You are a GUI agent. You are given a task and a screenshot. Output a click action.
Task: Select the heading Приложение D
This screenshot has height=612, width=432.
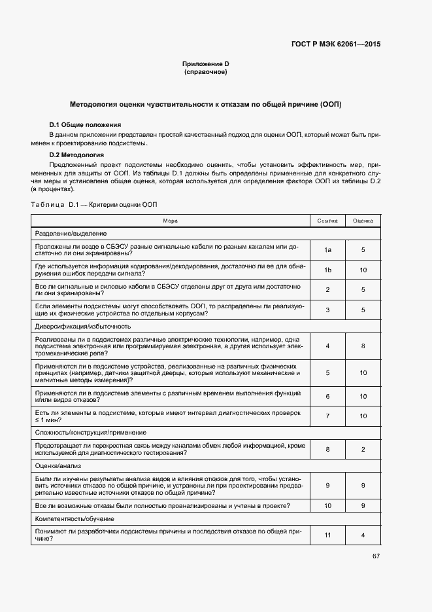click(205, 63)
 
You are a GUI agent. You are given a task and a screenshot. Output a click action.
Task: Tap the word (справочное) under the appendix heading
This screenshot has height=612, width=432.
click(205, 71)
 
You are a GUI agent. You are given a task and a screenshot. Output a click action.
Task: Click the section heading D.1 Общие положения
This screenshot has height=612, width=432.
click(85, 124)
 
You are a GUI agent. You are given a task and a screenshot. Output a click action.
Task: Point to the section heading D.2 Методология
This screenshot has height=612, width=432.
click(77, 154)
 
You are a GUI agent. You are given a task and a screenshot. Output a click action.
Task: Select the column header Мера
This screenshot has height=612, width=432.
click(170, 221)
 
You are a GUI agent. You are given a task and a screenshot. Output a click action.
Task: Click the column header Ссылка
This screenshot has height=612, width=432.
click(327, 221)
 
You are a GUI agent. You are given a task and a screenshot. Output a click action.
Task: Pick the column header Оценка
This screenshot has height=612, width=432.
click(363, 221)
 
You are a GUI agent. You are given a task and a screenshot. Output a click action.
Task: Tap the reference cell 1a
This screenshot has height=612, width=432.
click(327, 250)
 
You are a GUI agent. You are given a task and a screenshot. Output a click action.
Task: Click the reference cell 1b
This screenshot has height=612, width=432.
click(327, 270)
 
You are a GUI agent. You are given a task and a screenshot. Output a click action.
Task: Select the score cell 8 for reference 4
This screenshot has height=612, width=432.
click(363, 345)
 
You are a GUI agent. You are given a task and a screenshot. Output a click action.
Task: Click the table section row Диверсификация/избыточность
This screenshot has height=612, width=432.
click(83, 325)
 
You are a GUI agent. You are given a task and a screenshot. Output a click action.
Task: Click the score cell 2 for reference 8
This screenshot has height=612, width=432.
click(363, 448)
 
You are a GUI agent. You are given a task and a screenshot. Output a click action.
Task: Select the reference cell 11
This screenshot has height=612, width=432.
click(327, 535)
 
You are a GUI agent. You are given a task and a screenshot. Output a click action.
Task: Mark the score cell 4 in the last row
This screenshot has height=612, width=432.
click(363, 535)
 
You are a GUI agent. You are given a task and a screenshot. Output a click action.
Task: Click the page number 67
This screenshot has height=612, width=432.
click(376, 556)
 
